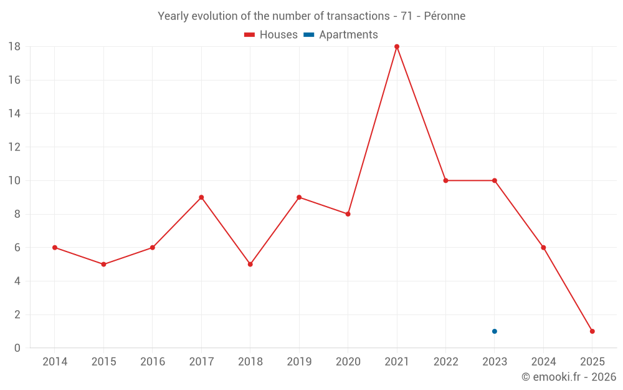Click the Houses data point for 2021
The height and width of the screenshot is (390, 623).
coord(397,47)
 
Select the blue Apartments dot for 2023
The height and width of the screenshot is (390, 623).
coord(495,331)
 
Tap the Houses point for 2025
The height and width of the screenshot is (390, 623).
coord(592,331)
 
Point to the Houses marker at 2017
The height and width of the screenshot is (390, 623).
coord(201,197)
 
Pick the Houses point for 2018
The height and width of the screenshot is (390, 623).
coord(250,265)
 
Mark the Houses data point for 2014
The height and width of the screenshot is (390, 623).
coord(55,248)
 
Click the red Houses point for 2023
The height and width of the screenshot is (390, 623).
coord(495,181)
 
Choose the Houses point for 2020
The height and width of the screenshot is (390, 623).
coord(348,214)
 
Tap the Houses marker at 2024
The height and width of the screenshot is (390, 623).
coord(543,248)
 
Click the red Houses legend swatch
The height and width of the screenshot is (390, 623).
coord(249,35)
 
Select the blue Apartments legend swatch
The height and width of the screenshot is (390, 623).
coord(308,35)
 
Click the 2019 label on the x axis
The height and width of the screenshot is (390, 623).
coord(299,362)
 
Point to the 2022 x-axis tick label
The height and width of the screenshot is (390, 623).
coord(445,362)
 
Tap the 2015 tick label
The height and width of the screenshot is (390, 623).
coord(103,362)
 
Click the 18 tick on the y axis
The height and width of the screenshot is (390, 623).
coord(14,47)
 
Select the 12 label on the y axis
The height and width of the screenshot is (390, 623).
coord(14,147)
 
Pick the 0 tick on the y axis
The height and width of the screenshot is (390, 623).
coord(17,348)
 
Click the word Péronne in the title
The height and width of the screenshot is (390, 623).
coord(444,16)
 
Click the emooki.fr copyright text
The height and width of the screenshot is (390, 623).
coord(569,377)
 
